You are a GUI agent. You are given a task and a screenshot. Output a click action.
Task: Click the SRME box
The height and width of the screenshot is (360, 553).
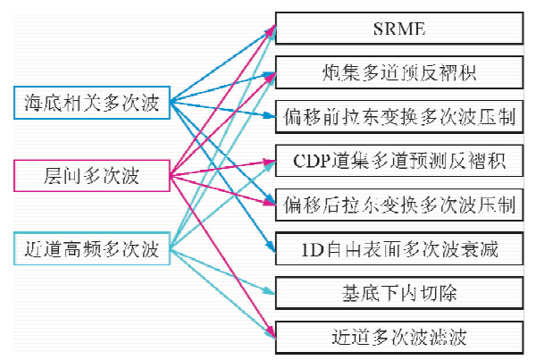point(398,29)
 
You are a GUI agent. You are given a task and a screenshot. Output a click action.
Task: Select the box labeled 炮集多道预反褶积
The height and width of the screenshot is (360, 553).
point(398,72)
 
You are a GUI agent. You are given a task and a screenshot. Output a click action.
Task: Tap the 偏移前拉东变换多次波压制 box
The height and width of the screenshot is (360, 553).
point(398,117)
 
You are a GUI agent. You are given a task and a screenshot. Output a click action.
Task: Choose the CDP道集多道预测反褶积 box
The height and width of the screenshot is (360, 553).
point(398,161)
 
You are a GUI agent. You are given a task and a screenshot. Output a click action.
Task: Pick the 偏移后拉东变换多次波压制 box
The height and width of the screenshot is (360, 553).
point(398,205)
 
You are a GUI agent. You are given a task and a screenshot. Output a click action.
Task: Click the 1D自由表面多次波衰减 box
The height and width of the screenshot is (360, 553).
point(398,249)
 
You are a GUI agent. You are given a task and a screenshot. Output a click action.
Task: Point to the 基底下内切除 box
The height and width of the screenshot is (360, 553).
point(398,294)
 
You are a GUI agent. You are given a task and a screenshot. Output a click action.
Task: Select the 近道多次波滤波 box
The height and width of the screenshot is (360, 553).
point(398,338)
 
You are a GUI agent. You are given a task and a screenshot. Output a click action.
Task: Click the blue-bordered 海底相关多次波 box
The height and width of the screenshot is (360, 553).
point(92,104)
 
